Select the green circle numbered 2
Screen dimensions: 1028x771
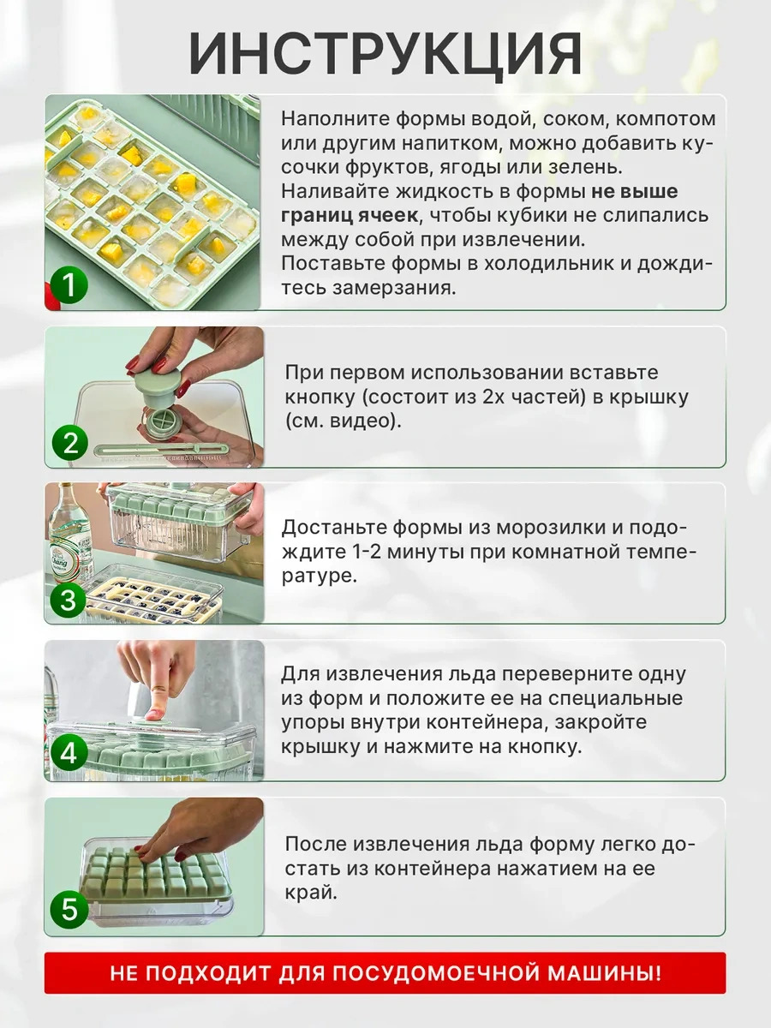[x=69, y=444]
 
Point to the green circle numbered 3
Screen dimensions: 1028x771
[x=69, y=600]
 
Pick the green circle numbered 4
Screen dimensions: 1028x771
[x=69, y=754]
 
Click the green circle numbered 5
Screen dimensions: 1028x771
[x=69, y=910]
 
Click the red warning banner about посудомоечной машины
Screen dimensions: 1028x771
[x=385, y=973]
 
